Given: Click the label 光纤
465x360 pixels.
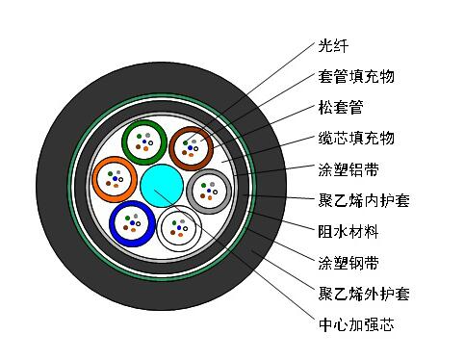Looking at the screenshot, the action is click(x=333, y=46).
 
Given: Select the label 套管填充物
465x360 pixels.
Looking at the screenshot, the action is click(x=356, y=77).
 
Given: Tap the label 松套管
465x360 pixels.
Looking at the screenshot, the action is click(x=341, y=108).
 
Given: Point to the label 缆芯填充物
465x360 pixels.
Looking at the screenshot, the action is click(x=356, y=139).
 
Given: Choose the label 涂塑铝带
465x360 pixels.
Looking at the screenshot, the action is click(x=349, y=169).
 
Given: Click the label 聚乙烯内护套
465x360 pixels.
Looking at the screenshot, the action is click(x=364, y=200).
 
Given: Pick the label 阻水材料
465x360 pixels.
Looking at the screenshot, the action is click(x=349, y=231).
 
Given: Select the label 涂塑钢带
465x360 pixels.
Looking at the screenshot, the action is click(x=349, y=263).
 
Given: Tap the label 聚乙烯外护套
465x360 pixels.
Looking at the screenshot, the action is click(x=364, y=294).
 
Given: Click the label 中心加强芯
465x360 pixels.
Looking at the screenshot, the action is click(x=356, y=324).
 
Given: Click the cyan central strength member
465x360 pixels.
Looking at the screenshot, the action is click(x=162, y=186).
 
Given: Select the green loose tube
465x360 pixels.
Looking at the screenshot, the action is click(x=123, y=141).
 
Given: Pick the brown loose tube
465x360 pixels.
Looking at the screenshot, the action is click(x=171, y=148).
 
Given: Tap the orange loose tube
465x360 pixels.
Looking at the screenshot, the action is click(x=94, y=179).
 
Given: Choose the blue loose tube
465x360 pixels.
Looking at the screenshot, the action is click(x=112, y=223).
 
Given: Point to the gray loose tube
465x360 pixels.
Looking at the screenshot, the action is click(x=189, y=192).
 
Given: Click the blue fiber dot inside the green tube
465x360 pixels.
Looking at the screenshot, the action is click(x=144, y=141).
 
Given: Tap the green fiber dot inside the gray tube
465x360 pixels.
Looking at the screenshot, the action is click(x=203, y=185).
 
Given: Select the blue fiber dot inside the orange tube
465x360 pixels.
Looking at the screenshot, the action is click(x=115, y=178).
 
